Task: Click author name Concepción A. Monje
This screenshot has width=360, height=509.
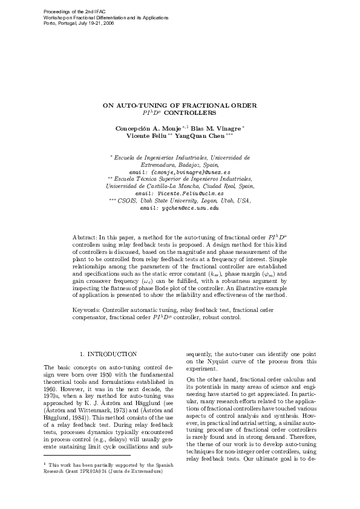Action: click(x=145, y=129)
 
